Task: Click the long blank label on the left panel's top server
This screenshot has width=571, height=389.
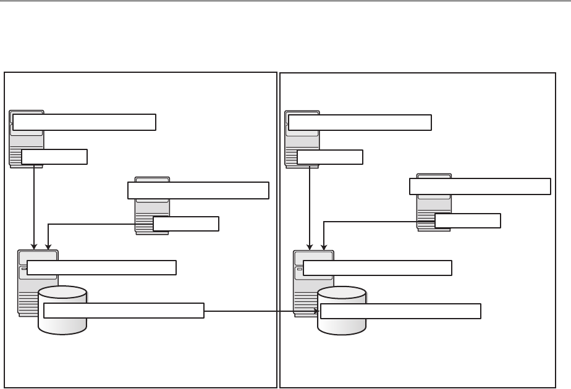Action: pos(84,122)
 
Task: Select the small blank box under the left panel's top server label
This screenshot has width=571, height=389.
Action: pos(54,157)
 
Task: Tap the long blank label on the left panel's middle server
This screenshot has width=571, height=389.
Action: pos(198,190)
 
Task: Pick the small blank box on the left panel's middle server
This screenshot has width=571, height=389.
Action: pos(185,224)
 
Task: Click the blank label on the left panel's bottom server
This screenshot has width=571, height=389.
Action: pos(102,267)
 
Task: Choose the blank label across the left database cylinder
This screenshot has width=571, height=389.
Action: pos(124,311)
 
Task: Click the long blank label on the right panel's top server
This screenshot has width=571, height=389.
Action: pos(360,122)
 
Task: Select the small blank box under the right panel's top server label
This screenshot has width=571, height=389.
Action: pos(330,157)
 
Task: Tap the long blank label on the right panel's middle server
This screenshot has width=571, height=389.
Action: pos(480,186)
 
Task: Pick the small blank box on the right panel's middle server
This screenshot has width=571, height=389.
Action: pos(468,220)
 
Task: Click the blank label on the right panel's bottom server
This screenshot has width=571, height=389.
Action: pos(378,267)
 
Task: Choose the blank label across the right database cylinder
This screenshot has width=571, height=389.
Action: pos(400,311)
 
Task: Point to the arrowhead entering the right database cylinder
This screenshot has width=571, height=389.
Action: pos(317,311)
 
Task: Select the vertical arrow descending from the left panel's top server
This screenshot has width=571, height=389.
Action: pos(33,204)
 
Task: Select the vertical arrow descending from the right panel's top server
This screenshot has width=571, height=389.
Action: pos(309,204)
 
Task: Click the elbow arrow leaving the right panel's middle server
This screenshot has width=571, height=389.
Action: pos(371,222)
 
